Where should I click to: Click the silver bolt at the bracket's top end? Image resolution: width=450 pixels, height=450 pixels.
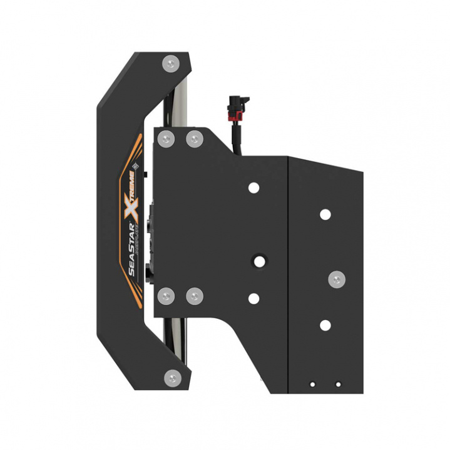point(170,62)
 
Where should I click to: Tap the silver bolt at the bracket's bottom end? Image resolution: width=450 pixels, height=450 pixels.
point(171,376)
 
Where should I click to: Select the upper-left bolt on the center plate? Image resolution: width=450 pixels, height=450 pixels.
point(165,138)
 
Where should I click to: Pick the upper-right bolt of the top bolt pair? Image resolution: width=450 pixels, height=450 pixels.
point(194,138)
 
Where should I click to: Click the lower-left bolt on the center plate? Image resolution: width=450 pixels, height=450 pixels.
point(165,295)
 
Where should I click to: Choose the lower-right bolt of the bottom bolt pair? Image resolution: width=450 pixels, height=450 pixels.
point(194,295)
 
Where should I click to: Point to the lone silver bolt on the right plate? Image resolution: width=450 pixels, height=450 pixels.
point(336,278)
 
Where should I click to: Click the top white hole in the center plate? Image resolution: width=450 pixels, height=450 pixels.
point(253,187)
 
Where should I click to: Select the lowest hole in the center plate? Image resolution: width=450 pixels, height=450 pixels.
point(253,299)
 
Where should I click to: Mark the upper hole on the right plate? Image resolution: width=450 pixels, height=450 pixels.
point(325,214)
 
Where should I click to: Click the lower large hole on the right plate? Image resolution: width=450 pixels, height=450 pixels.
point(325,325)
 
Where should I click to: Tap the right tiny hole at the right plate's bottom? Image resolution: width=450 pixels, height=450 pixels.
point(338,384)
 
